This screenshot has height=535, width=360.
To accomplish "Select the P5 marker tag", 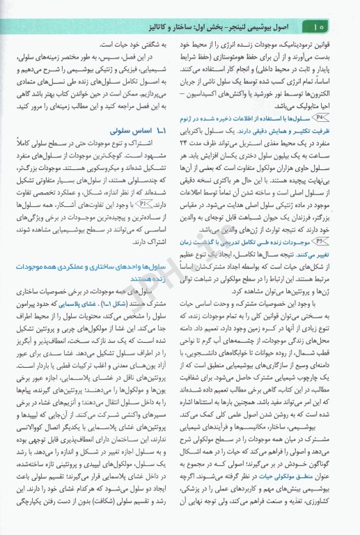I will click(x=324, y=240).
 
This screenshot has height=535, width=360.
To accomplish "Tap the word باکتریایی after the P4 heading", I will click(x=205, y=130).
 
